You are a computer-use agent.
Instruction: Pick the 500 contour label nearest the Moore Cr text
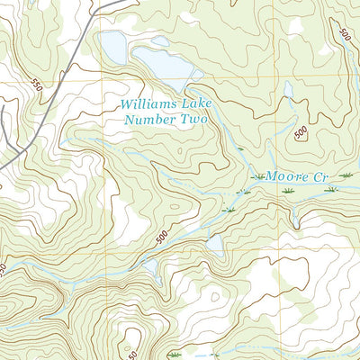coord(301,132)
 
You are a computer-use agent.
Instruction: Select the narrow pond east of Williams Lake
coord(287,90)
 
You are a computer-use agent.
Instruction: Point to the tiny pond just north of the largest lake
coord(159,41)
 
